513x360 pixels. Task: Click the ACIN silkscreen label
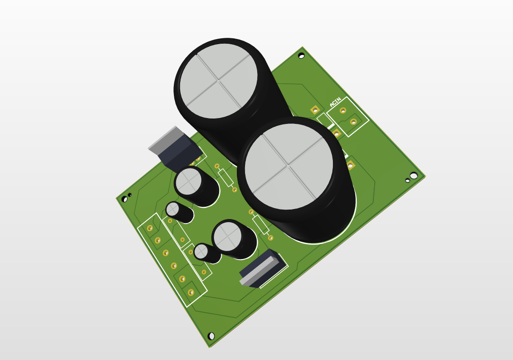point(336,102)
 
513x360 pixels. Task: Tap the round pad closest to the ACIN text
point(343,111)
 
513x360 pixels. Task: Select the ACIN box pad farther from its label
point(353,122)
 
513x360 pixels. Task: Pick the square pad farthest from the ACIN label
point(350,164)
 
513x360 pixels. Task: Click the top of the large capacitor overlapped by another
point(218,81)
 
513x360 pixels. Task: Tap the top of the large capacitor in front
point(289,166)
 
